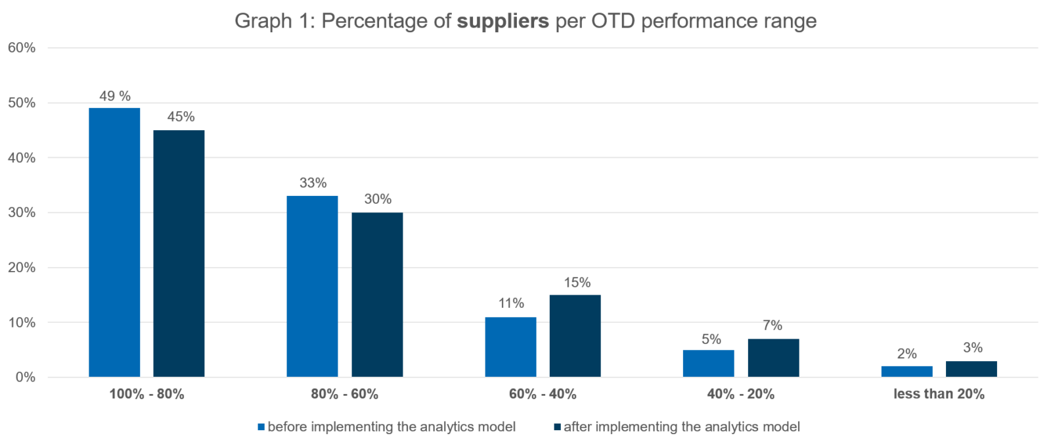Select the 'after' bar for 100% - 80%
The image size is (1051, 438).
pyautogui.click(x=179, y=253)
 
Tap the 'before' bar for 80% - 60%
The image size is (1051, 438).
pyautogui.click(x=313, y=286)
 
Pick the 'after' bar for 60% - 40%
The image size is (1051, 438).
pyautogui.click(x=575, y=335)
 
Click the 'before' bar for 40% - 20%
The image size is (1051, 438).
pyautogui.click(x=708, y=363)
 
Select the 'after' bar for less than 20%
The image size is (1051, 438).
pyautogui.click(x=972, y=369)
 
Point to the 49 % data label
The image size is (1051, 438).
pyautogui.click(x=115, y=96)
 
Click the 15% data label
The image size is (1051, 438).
pyautogui.click(x=577, y=283)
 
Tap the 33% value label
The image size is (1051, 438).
pyautogui.click(x=313, y=183)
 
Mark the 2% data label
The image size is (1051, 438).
pyautogui.click(x=906, y=354)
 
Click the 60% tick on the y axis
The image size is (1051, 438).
pyautogui.click(x=22, y=48)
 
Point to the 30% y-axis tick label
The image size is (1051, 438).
pyautogui.click(x=22, y=212)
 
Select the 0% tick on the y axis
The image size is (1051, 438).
pyautogui.click(x=24, y=377)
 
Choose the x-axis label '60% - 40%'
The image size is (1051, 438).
pyautogui.click(x=542, y=394)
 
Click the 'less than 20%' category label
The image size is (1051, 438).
pyautogui.click(x=939, y=394)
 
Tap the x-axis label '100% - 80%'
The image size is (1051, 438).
pyautogui.click(x=146, y=394)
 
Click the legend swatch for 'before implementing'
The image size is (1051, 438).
pyautogui.click(x=261, y=427)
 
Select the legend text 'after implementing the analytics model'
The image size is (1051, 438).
pyautogui.click(x=681, y=427)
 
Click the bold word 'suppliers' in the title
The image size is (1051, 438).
pyautogui.click(x=503, y=21)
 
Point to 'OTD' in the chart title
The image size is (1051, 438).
pyautogui.click(x=614, y=21)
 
